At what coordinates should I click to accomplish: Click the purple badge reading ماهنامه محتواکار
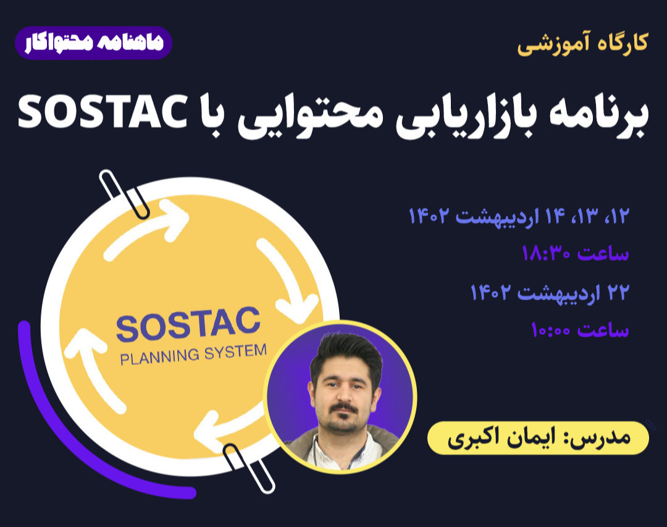coord(93,43)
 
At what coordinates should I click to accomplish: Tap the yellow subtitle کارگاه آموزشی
coord(582,44)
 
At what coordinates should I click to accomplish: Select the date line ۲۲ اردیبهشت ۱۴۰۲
coord(550,292)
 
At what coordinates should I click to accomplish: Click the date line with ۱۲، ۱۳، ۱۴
coord(519,216)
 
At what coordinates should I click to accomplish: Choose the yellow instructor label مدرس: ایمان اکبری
coord(538,438)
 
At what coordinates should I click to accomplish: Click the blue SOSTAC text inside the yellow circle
coord(188,327)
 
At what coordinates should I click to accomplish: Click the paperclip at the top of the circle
coord(124,193)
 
